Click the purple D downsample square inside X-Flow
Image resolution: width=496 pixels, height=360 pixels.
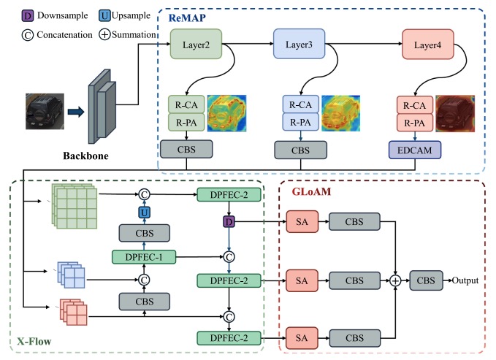click(x=230, y=221)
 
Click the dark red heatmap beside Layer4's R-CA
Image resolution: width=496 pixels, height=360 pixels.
click(x=454, y=112)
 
